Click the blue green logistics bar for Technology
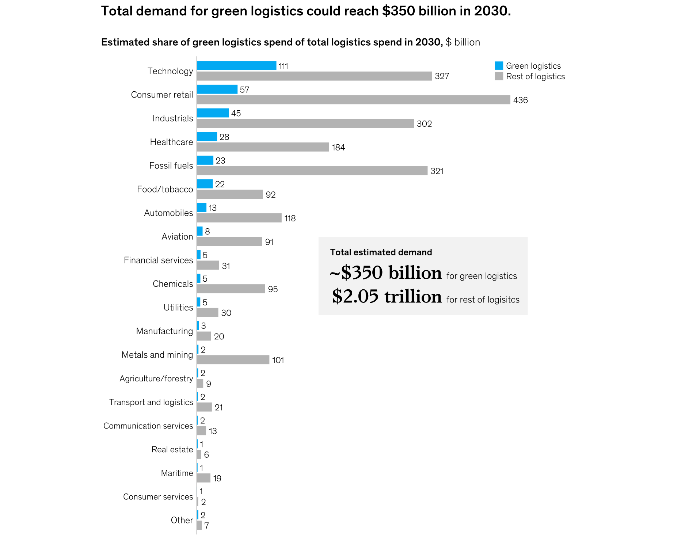(x=236, y=66)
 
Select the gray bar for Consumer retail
(x=353, y=100)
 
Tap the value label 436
(x=520, y=100)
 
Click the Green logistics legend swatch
(x=499, y=66)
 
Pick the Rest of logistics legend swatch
(x=499, y=76)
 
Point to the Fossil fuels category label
(x=171, y=166)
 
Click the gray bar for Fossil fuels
(x=312, y=171)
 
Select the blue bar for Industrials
(x=213, y=113)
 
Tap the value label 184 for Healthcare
(x=338, y=148)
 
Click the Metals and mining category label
(x=157, y=355)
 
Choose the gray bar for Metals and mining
(x=233, y=360)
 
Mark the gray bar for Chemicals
(x=231, y=289)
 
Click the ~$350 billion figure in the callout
(x=385, y=273)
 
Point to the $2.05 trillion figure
(x=387, y=296)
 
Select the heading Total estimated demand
(x=381, y=252)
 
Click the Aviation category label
(x=177, y=237)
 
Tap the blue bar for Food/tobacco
(x=205, y=184)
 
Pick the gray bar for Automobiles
(x=239, y=218)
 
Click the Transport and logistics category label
(x=151, y=402)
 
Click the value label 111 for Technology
(x=284, y=66)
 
